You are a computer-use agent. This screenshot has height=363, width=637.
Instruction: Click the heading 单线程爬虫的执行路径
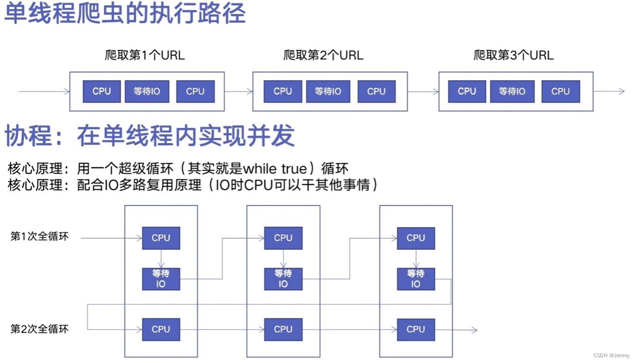pyautogui.click(x=125, y=14)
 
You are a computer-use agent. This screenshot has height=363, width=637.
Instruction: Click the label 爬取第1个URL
pyautogui.click(x=145, y=55)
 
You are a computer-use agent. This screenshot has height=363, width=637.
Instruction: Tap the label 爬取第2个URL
pyautogui.click(x=323, y=55)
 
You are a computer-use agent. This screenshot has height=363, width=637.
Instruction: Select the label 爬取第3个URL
pyautogui.click(x=514, y=55)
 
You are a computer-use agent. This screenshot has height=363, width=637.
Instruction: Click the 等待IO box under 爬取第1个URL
pyautogui.click(x=147, y=91)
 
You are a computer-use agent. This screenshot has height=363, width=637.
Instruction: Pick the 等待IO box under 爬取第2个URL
pyautogui.click(x=328, y=91)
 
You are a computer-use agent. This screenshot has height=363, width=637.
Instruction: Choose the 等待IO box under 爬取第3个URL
pyautogui.click(x=512, y=91)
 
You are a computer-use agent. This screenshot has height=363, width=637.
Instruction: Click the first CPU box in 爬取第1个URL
pyautogui.click(x=102, y=91)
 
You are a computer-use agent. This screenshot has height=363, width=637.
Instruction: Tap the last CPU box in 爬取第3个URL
pyautogui.click(x=561, y=91)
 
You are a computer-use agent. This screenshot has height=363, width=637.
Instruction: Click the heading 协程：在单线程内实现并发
pyautogui.click(x=150, y=136)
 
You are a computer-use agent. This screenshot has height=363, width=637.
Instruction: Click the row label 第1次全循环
pyautogui.click(x=39, y=237)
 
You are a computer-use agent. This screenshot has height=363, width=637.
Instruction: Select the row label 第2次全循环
pyautogui.click(x=39, y=329)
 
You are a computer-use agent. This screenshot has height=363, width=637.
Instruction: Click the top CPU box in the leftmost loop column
pyautogui.click(x=161, y=238)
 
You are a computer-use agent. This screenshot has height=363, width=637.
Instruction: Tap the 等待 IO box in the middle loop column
pyautogui.click(x=283, y=279)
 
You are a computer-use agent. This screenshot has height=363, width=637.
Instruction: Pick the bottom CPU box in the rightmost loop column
pyautogui.click(x=416, y=329)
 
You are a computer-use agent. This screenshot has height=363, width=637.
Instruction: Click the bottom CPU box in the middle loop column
pyautogui.click(x=283, y=329)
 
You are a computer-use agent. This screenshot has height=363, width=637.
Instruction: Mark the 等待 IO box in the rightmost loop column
pyautogui.click(x=416, y=279)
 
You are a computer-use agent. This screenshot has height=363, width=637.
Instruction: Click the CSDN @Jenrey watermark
pyautogui.click(x=611, y=355)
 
